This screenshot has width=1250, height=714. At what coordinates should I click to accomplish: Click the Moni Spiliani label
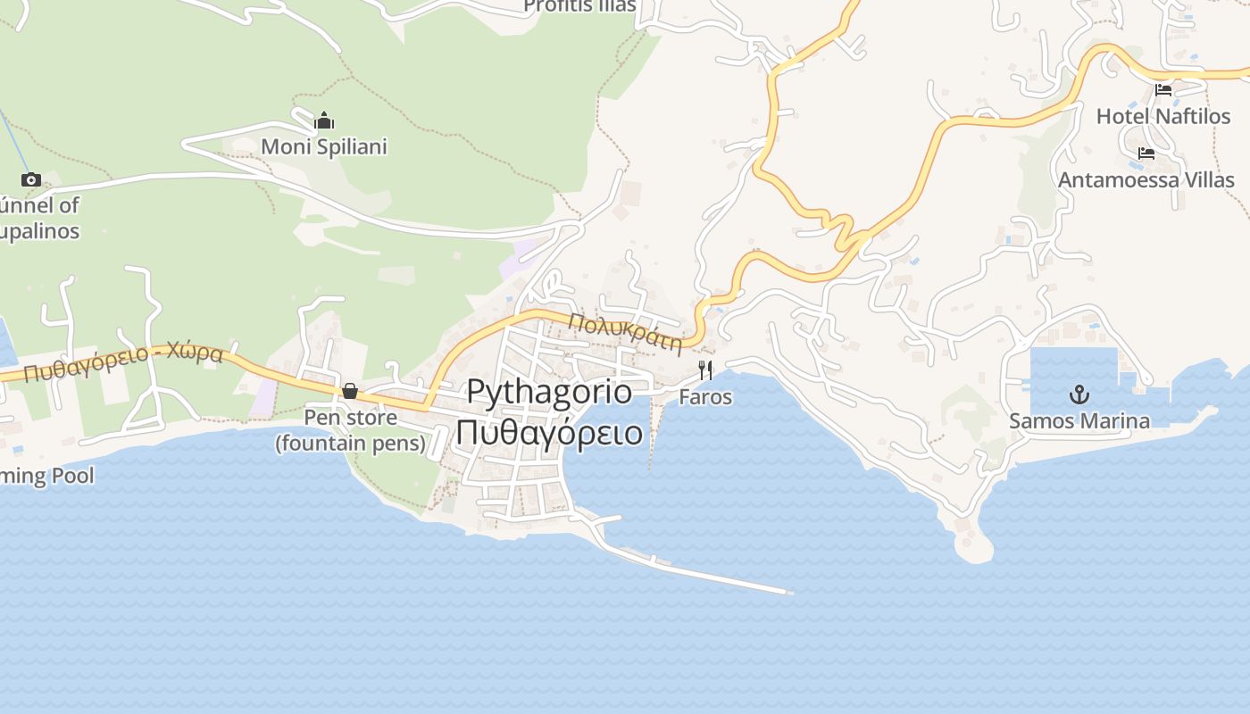pos(324,146)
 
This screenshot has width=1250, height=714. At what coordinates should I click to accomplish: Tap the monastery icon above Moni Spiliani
pos(324,120)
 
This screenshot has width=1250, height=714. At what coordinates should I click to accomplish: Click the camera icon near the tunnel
pos(31,179)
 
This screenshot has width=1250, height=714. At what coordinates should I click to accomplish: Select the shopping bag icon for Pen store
pos(350,391)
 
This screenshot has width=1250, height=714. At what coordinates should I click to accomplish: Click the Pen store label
pos(350,430)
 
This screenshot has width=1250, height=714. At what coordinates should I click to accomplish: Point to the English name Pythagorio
pos(549,392)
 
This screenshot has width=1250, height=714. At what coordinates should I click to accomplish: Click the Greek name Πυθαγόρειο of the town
pos(549,432)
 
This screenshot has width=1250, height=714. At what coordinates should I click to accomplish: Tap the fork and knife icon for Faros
pos(705,369)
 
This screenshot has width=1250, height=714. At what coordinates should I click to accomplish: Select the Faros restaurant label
pos(705,397)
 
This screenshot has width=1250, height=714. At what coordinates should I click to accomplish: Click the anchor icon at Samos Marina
pos(1079,394)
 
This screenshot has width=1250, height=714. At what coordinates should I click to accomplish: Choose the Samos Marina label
pos(1079,420)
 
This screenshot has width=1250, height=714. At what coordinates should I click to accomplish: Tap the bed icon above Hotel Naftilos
pos(1163,90)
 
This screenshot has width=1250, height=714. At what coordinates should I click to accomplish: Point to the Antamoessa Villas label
pos(1146,179)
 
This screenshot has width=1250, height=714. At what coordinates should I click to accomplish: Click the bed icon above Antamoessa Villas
pos(1146,154)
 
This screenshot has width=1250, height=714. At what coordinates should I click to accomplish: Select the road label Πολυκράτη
pos(625,331)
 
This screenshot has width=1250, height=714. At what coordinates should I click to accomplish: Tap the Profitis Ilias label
pos(579,6)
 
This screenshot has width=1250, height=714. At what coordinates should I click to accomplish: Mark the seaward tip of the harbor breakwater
pos(788,591)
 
